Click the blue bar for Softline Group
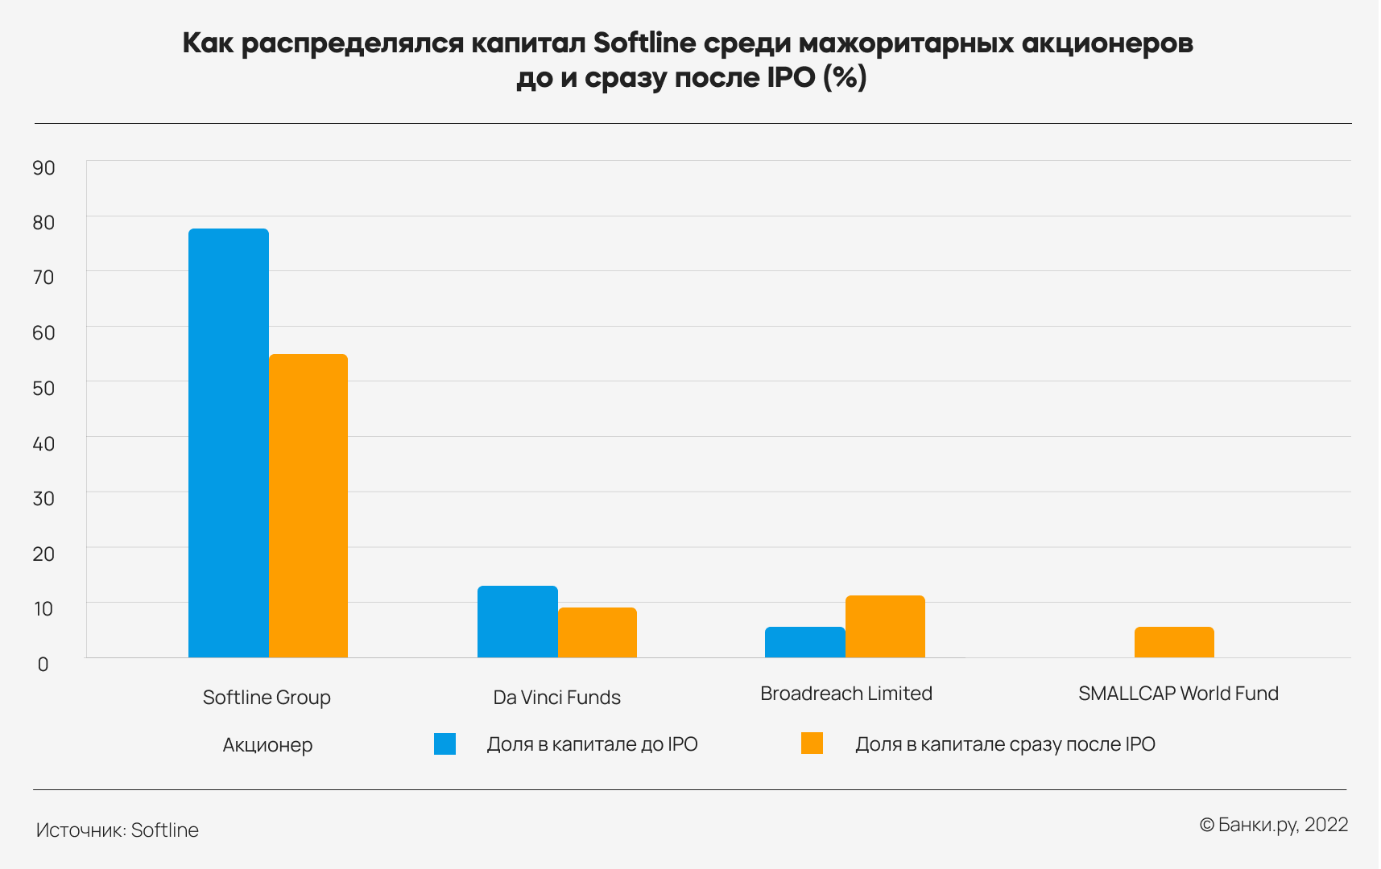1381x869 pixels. tap(229, 443)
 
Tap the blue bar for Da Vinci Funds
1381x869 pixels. tap(518, 621)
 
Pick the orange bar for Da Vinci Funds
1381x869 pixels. tap(597, 632)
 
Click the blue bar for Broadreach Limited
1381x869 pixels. tap(805, 642)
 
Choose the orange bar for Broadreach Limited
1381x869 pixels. tap(885, 626)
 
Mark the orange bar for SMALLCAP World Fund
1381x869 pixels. tap(1174, 642)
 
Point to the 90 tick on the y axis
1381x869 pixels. tap(43, 167)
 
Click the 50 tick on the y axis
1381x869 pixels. tap(43, 388)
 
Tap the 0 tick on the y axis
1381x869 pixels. tap(43, 664)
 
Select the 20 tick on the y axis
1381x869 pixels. tap(43, 554)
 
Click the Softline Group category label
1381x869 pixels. tap(267, 698)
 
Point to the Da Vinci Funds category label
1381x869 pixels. tap(556, 698)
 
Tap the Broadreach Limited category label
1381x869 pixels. tap(846, 694)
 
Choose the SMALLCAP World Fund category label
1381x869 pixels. tap(1178, 694)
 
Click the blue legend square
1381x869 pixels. tap(444, 743)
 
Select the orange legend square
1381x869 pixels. tap(812, 743)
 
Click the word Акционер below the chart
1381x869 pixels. tap(267, 745)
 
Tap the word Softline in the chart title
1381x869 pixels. tap(644, 43)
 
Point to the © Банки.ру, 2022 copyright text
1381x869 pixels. tap(1273, 825)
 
